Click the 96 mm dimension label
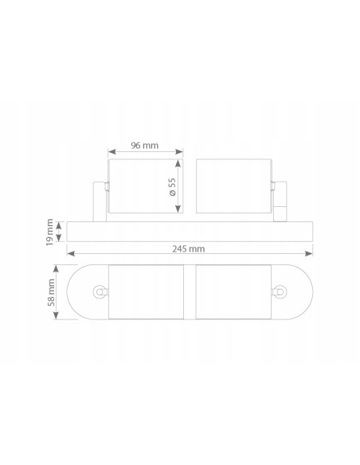(145, 145)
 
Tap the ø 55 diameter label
(172, 186)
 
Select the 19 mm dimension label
(50, 232)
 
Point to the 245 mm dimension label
(189, 248)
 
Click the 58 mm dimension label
(51, 292)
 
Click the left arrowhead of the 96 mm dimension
(112, 152)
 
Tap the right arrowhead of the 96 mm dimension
(179, 152)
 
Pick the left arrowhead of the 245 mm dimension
(71, 253)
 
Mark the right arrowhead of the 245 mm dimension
(309, 253)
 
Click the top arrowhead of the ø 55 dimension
(178, 163)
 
